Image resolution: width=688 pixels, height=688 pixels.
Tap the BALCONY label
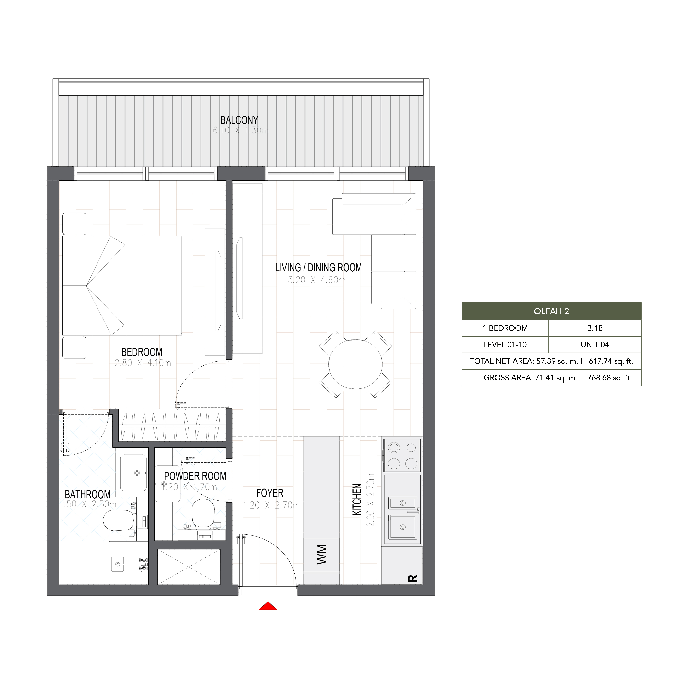[x=239, y=120]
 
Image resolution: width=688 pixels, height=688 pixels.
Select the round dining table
[x=355, y=364]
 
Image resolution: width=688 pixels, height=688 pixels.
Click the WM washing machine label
[x=322, y=555]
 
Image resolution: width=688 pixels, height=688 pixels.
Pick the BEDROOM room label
[x=142, y=352]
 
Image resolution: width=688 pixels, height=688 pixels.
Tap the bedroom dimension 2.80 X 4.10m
[x=143, y=363]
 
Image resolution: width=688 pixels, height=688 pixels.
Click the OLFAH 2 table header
[x=551, y=311]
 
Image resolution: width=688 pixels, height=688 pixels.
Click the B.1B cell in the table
[x=595, y=328]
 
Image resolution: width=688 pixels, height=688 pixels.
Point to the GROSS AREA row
[x=558, y=378]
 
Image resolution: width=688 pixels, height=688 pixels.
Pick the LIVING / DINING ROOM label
[x=318, y=268]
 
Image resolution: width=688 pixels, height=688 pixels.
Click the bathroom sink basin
[x=133, y=473]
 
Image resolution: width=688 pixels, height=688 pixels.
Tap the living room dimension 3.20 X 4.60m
[x=317, y=280]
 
